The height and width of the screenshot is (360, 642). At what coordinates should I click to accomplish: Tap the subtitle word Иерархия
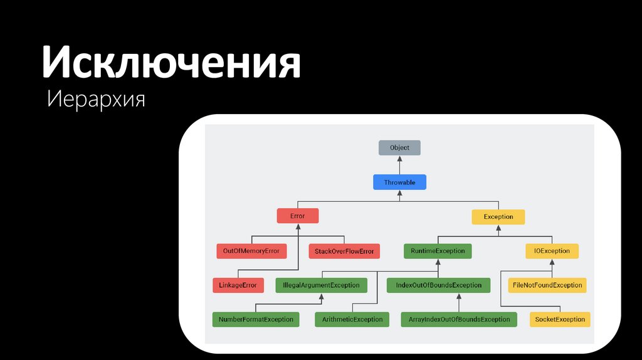(97, 99)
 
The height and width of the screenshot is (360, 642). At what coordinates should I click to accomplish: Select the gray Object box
(399, 148)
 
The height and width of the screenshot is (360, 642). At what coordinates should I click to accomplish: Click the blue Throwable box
(399, 183)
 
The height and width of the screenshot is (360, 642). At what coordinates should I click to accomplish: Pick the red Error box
(298, 216)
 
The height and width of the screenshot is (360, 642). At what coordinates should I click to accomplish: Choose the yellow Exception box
(498, 217)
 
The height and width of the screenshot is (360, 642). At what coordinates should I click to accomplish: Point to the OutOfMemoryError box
(251, 251)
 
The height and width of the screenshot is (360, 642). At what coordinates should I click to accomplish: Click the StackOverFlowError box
(344, 251)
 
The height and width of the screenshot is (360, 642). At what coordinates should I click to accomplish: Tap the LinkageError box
(238, 285)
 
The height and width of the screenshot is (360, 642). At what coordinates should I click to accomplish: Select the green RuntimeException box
(438, 251)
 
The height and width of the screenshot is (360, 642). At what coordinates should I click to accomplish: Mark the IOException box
(552, 251)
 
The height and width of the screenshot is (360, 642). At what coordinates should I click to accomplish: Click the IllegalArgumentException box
(322, 285)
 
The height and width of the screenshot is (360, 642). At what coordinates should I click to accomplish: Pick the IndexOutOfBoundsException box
(438, 285)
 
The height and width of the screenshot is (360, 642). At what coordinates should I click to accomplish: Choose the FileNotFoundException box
(547, 285)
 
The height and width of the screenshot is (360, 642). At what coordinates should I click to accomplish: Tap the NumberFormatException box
(256, 319)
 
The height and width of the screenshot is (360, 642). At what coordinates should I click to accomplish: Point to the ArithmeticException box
(352, 319)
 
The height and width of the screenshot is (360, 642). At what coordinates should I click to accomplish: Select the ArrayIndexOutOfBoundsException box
(459, 319)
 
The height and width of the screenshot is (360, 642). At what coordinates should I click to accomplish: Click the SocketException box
(560, 319)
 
